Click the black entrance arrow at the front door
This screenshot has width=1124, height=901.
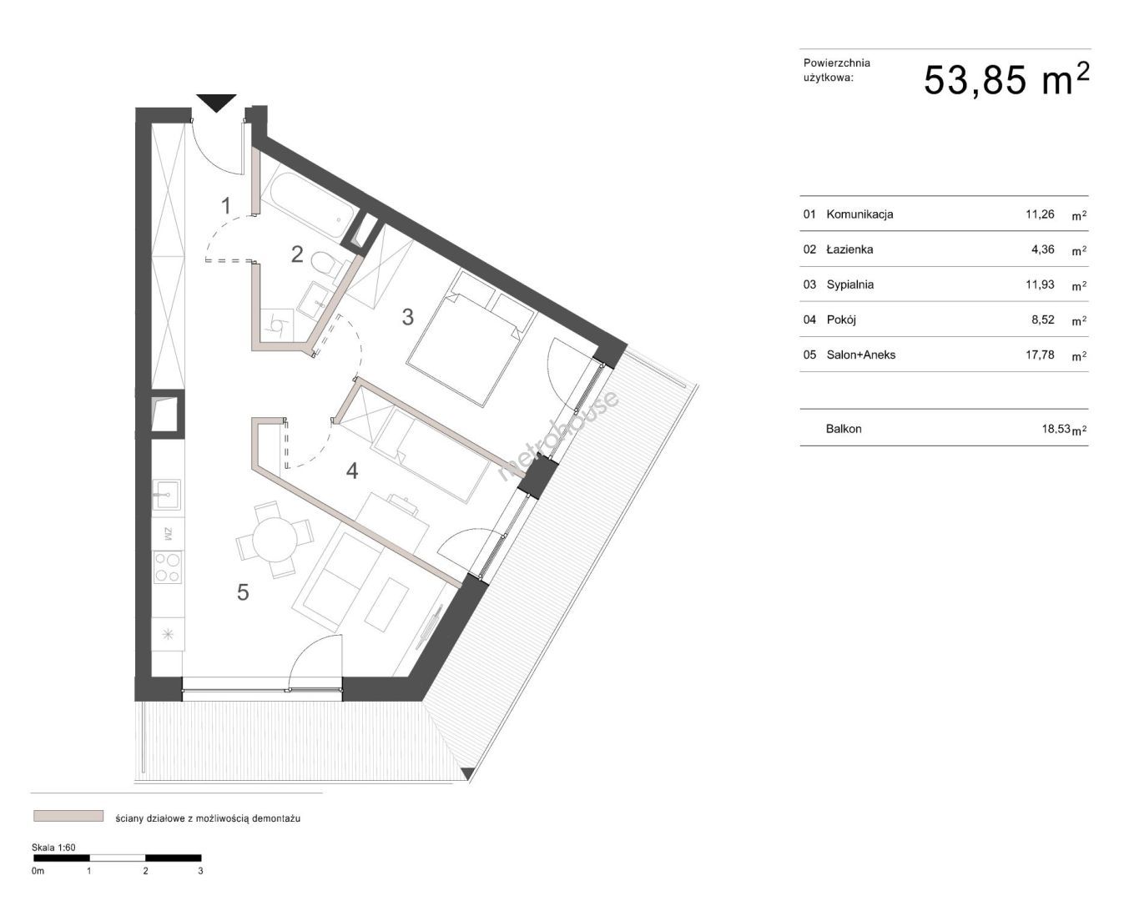coord(216,103)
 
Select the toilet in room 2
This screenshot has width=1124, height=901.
coord(325,261)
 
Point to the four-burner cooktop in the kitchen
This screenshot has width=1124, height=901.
coord(168,568)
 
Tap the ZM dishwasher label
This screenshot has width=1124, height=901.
coord(168,534)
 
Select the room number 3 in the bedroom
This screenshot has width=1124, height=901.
coord(408,317)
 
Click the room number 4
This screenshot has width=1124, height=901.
coord(352,471)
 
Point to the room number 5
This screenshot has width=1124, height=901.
coord(243,592)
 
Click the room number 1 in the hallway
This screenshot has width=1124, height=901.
coord(225,206)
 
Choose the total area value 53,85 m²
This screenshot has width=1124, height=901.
coord(1006,80)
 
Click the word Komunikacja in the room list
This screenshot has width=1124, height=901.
coord(859,214)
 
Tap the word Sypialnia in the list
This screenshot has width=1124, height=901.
coord(849,284)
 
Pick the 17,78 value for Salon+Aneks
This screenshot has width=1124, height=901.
coord(1040,355)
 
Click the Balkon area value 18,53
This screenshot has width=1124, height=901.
coord(1056,429)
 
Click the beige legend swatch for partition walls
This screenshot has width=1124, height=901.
coord(68,815)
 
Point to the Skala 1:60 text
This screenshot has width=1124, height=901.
coord(53,848)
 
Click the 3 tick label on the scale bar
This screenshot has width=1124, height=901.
coord(200,871)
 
